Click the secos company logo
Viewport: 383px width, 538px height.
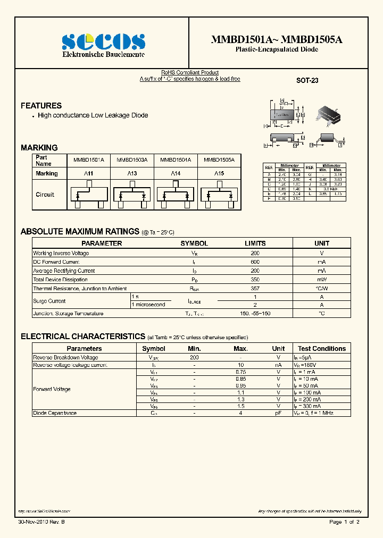(103, 42)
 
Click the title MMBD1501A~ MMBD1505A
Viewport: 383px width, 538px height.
(277, 39)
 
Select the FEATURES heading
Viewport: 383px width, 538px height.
(41, 106)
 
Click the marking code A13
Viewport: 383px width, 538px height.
(132, 174)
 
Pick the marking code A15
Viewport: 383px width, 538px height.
(219, 174)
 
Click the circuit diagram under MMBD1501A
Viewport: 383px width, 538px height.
(88, 195)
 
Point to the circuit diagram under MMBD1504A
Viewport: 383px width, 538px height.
(176, 195)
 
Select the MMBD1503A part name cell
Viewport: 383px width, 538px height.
(132, 159)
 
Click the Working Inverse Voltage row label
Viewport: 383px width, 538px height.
(61, 254)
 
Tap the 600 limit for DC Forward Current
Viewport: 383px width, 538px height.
(255, 262)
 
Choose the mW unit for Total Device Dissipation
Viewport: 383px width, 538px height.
(322, 279)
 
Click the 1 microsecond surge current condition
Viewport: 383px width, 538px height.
(148, 305)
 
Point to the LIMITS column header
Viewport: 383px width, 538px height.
(255, 243)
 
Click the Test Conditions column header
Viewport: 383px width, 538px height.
(321, 349)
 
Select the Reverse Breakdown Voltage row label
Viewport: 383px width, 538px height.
(65, 358)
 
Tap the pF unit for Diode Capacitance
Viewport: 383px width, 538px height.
(278, 413)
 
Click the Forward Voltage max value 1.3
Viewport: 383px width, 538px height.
(240, 399)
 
